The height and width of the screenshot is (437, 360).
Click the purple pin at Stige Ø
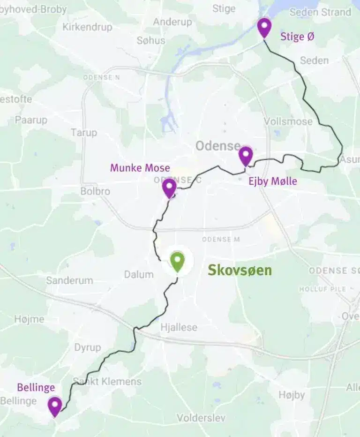click(264, 27)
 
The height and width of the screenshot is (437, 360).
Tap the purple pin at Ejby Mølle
click(246, 155)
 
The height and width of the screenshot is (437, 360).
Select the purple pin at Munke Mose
click(169, 187)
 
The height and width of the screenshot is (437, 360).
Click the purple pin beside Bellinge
click(55, 406)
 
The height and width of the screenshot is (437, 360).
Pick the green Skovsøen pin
click(177, 261)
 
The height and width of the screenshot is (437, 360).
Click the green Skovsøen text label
click(240, 270)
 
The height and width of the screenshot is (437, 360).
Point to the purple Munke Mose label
click(140, 167)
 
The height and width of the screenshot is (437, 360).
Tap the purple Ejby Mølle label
click(272, 181)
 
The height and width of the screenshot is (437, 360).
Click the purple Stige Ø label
click(297, 37)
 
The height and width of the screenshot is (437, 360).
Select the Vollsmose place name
click(288, 121)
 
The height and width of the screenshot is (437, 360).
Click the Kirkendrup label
click(87, 27)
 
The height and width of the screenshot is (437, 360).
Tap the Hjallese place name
click(179, 327)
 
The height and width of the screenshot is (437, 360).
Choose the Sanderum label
click(69, 280)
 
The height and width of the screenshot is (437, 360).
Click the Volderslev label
click(201, 417)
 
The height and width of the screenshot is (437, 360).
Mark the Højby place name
click(292, 394)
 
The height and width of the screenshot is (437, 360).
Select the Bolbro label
click(95, 191)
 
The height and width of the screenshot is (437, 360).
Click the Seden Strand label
click(320, 12)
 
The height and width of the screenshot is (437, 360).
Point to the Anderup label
click(172, 22)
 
